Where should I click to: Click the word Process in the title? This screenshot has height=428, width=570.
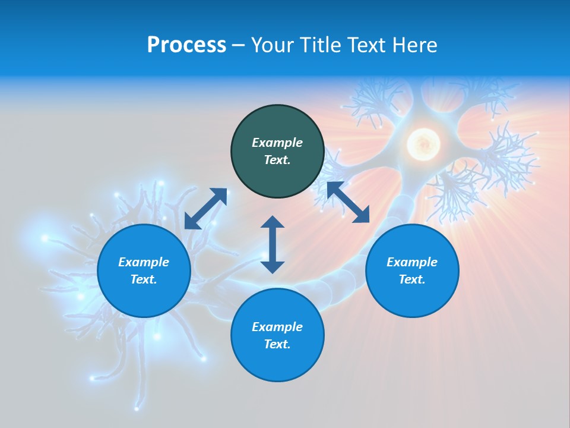(x=186, y=45)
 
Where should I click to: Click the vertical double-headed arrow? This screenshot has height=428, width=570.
(x=273, y=244)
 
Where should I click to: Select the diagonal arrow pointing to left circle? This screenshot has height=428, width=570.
(x=205, y=209)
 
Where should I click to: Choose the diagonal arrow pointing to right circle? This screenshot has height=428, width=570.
(x=348, y=203)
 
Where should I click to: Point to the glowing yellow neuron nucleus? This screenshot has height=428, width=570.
(x=423, y=144)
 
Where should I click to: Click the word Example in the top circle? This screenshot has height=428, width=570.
(x=277, y=143)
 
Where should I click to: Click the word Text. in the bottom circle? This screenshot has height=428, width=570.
(x=277, y=344)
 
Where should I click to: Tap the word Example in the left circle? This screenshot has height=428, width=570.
(x=144, y=262)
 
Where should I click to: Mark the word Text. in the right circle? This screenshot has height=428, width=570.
(x=412, y=279)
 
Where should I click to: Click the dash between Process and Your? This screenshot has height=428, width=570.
(x=239, y=46)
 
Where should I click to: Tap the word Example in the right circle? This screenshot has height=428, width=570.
(x=412, y=262)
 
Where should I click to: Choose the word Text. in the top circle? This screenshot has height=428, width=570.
(x=277, y=160)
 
